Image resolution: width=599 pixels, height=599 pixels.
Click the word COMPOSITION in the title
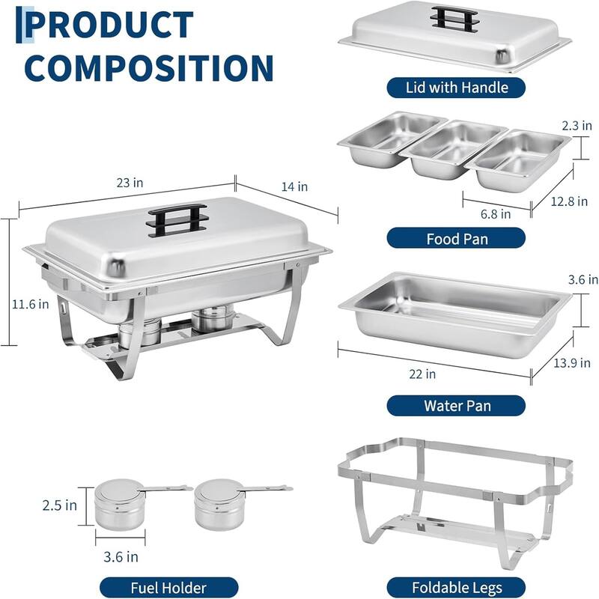click(x=149, y=67)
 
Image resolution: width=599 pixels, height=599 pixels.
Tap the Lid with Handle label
click(x=456, y=87)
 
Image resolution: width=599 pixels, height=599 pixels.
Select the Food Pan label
click(x=456, y=240)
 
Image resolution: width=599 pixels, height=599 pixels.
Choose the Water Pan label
click(x=456, y=406)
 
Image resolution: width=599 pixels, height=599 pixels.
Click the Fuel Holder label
click(x=168, y=588)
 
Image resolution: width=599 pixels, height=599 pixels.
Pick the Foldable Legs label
click(x=456, y=588)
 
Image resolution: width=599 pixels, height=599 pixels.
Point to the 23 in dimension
click(x=130, y=182)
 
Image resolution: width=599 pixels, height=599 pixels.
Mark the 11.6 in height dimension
click(x=30, y=304)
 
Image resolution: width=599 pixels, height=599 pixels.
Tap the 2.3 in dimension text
click(x=577, y=127)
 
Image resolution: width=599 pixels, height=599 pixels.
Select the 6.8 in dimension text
click(x=496, y=213)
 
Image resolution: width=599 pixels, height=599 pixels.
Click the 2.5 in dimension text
click(x=59, y=505)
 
